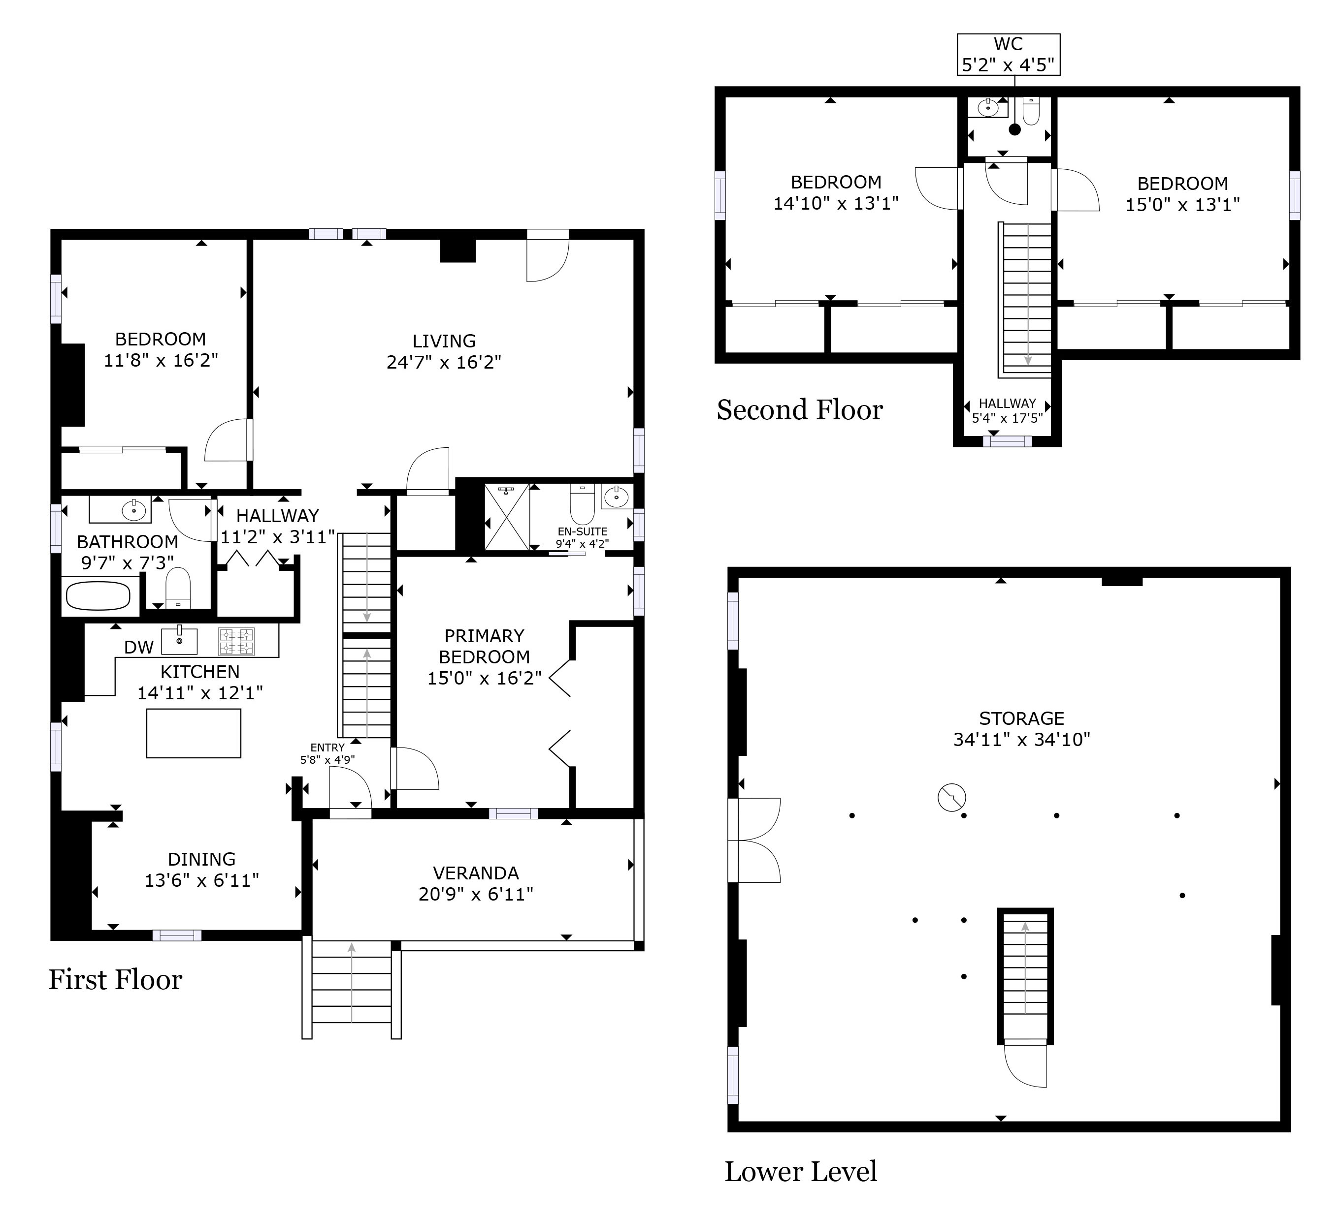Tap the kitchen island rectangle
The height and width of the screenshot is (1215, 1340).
(194, 733)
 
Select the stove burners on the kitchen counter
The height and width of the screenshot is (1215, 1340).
(236, 641)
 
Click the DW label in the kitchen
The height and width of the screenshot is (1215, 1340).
(138, 647)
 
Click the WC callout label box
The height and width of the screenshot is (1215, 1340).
(1008, 55)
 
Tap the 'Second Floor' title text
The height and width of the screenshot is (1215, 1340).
(800, 410)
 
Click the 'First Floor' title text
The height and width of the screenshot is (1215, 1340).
(115, 980)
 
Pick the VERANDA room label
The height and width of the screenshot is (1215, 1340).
(475, 873)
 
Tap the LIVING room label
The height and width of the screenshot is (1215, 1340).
(444, 341)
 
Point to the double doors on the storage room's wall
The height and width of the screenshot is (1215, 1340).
(755, 841)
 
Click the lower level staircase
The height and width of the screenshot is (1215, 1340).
(1025, 976)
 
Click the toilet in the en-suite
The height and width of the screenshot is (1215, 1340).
(582, 504)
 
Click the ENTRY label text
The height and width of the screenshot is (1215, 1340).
(327, 748)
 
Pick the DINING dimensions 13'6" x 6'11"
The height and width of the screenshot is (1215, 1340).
(201, 880)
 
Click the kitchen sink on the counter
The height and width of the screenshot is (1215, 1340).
(179, 640)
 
